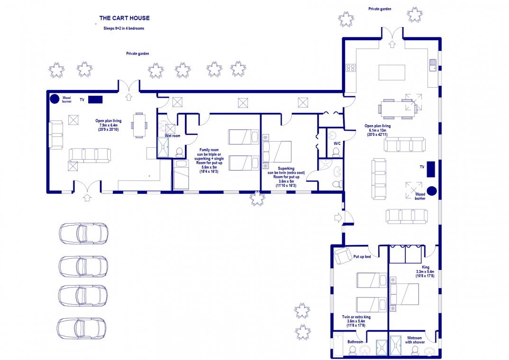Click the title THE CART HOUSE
click(x=124, y=18)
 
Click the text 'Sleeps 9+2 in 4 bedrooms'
click(x=124, y=28)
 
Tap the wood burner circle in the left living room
click(x=54, y=99)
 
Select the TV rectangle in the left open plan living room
click(x=95, y=99)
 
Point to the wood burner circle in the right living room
click(x=431, y=191)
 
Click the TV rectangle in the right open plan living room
click(x=431, y=169)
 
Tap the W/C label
click(x=337, y=144)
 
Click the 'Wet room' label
click(x=173, y=136)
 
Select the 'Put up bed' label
click(x=362, y=257)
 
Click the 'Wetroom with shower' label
click(x=415, y=340)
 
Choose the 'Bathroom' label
click(x=355, y=342)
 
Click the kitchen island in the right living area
click(x=392, y=72)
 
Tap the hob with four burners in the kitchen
click(x=351, y=68)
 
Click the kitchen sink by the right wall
click(x=433, y=65)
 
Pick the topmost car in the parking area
click(x=83, y=233)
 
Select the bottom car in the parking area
click(x=82, y=328)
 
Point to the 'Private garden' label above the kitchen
click(x=380, y=9)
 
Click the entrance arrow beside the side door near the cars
click(x=338, y=217)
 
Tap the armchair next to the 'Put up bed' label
click(x=343, y=256)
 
